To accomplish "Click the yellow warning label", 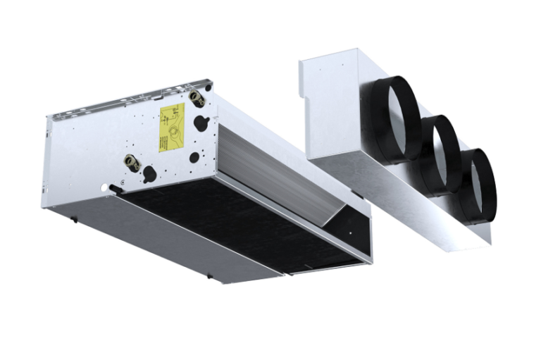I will [172, 127].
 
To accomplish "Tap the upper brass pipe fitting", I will [197, 99].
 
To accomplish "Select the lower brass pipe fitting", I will [132, 163].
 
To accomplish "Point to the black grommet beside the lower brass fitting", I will [150, 173].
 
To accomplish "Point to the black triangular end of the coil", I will [345, 229].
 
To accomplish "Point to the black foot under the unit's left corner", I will [74, 218].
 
